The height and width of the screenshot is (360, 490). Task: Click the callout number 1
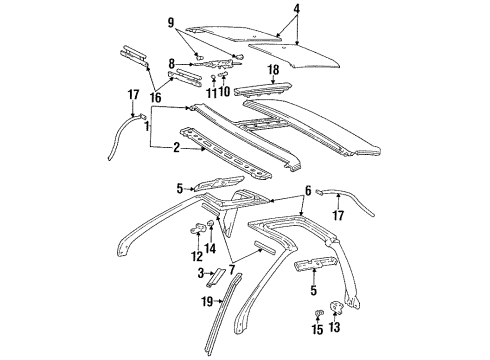(146, 128)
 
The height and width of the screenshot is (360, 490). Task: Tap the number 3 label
(201, 273)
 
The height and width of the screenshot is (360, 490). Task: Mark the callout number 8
(171, 64)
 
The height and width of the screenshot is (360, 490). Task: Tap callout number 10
(224, 92)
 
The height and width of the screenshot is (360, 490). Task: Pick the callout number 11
(211, 92)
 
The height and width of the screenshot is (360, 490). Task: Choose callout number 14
(210, 248)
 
